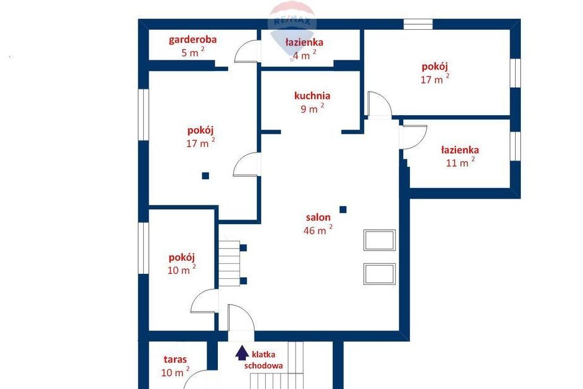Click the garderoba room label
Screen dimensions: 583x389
[193, 40]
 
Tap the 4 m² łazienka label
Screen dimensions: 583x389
[304, 42]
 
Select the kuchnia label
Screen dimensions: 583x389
[312, 96]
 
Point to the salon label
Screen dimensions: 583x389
[318, 217]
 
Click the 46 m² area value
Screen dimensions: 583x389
[318, 230]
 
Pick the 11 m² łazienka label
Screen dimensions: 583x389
[460, 150]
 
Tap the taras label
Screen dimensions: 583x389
[175, 360]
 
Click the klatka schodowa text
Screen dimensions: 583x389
[263, 360]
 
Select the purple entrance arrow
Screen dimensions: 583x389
[242, 353]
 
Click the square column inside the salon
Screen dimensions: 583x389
[343, 209]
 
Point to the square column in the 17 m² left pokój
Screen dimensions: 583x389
[205, 176]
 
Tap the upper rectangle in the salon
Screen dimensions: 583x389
[380, 240]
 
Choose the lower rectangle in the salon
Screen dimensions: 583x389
[380, 274]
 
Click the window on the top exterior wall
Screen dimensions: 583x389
[418, 24]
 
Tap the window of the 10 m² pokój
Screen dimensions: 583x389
[144, 248]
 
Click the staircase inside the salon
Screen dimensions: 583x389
[229, 263]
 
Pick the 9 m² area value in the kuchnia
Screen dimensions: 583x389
[312, 108]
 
